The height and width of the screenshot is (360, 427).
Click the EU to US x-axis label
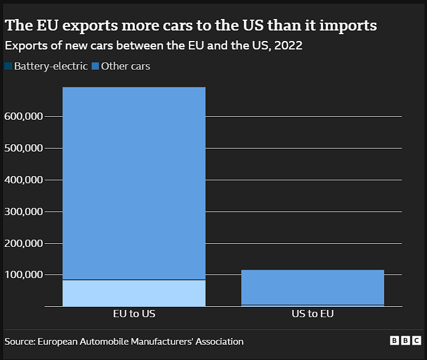(134, 314)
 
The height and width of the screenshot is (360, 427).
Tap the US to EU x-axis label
(313, 314)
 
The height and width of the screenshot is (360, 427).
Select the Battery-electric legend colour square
(8, 66)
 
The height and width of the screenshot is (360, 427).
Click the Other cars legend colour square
(95, 66)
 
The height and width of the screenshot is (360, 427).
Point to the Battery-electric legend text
(51, 66)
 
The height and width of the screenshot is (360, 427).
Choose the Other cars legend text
(125, 66)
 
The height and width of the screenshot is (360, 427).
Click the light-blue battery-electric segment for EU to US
(134, 293)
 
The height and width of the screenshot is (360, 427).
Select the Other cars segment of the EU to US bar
(134, 183)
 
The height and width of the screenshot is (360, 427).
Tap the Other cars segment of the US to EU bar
(313, 287)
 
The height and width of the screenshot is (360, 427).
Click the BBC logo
(405, 341)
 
